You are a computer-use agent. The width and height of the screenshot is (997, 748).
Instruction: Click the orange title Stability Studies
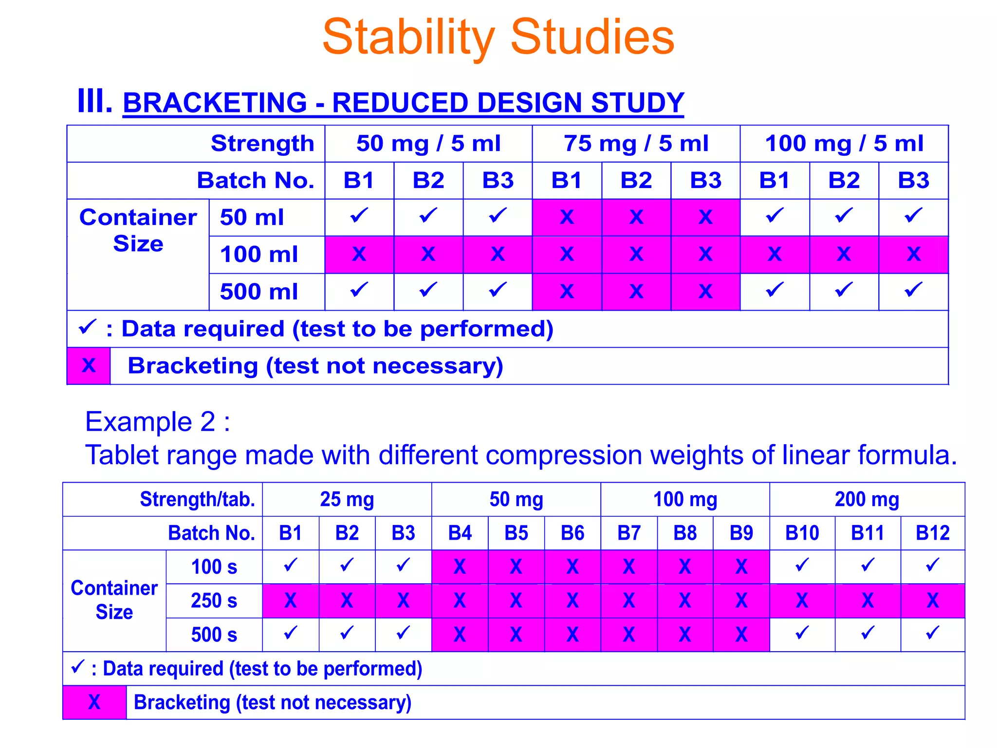(x=498, y=37)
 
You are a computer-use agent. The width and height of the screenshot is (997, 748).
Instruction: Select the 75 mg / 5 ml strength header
(x=636, y=144)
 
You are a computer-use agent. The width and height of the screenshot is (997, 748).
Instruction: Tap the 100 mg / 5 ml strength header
(x=844, y=144)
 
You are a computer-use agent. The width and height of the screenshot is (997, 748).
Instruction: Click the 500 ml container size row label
(x=258, y=292)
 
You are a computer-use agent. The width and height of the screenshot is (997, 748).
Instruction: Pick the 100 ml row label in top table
(x=258, y=254)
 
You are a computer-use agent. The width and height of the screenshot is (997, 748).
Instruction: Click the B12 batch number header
(x=932, y=533)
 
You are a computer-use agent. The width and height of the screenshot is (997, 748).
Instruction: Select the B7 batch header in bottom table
(x=628, y=533)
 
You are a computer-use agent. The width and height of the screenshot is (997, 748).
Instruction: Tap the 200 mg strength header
(x=867, y=499)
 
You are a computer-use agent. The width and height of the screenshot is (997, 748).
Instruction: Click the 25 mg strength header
(x=347, y=499)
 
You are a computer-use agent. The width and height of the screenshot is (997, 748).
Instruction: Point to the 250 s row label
(x=214, y=600)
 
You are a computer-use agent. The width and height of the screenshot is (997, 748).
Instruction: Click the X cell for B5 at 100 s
(x=516, y=567)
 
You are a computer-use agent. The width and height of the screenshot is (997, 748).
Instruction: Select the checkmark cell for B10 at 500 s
(x=802, y=634)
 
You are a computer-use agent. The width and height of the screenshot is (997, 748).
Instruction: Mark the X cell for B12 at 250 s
(x=932, y=600)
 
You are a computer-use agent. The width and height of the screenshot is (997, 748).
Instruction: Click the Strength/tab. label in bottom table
(x=197, y=499)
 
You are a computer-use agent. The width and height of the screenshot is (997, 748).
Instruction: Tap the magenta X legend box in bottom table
(x=94, y=702)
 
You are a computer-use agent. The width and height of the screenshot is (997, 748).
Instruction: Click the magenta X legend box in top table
(x=89, y=366)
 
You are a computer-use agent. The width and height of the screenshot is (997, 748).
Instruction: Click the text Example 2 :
(x=157, y=421)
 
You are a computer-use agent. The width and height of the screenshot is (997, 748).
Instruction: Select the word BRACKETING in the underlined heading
(x=215, y=103)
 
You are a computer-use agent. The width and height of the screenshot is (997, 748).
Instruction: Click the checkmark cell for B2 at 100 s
(x=347, y=567)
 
